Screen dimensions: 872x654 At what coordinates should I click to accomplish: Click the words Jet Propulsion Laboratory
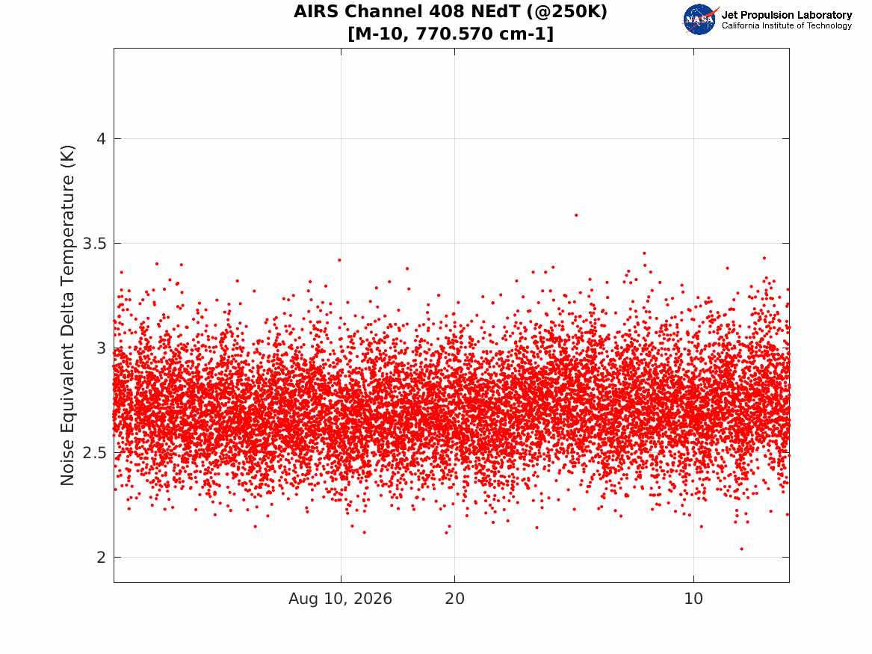[x=787, y=15]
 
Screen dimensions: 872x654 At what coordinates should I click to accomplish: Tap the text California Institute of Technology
[x=787, y=25]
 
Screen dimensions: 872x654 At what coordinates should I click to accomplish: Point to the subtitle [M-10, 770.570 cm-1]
[x=451, y=34]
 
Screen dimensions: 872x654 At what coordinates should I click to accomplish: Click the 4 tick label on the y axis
[x=101, y=138]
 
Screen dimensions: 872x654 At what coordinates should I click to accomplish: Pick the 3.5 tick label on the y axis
[x=94, y=244]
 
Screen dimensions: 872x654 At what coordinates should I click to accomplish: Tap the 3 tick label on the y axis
[x=101, y=348]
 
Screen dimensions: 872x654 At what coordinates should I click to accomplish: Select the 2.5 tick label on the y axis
[x=94, y=453]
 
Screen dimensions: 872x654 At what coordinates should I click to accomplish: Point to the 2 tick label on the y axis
[x=101, y=558]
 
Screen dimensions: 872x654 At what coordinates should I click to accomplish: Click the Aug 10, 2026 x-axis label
[x=340, y=599]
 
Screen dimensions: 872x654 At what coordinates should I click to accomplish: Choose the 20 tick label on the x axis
[x=454, y=599]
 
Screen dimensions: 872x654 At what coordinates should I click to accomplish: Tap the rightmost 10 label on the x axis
[x=693, y=599]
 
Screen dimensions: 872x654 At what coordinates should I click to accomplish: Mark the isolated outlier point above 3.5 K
[x=576, y=215]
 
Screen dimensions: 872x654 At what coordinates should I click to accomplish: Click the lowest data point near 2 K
[x=741, y=549]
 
